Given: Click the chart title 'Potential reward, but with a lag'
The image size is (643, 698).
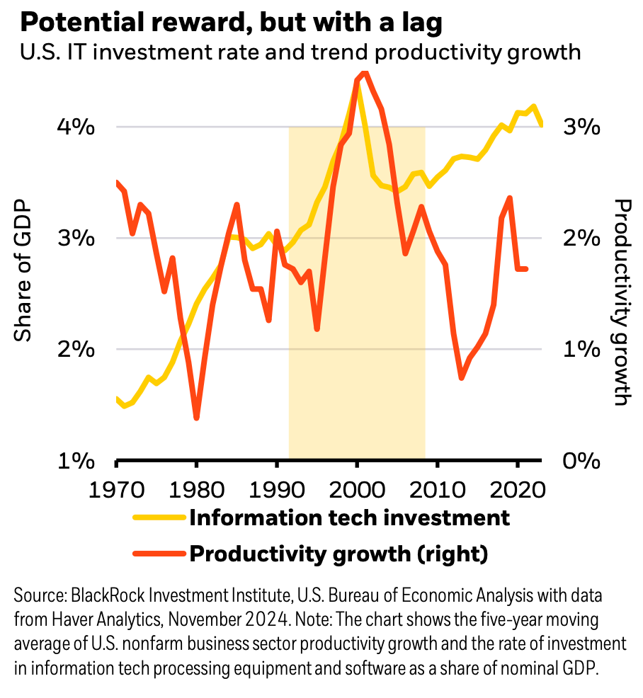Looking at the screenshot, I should click(232, 23).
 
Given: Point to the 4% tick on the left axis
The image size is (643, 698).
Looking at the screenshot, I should click(75, 127).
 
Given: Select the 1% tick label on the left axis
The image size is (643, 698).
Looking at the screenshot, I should click(75, 461).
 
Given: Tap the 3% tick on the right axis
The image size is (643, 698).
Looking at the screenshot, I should click(582, 127).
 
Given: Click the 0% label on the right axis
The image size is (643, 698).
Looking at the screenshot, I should click(582, 461).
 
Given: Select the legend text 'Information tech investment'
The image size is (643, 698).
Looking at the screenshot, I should click(349, 517).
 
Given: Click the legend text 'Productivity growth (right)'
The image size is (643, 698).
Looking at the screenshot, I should click(338, 554).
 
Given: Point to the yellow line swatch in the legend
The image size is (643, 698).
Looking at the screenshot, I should click(158, 517).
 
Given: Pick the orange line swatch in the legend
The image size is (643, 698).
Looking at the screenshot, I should click(158, 554).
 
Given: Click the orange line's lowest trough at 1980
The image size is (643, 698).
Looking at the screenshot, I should click(196, 418).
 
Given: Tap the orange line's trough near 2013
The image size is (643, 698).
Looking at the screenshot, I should click(462, 377).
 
